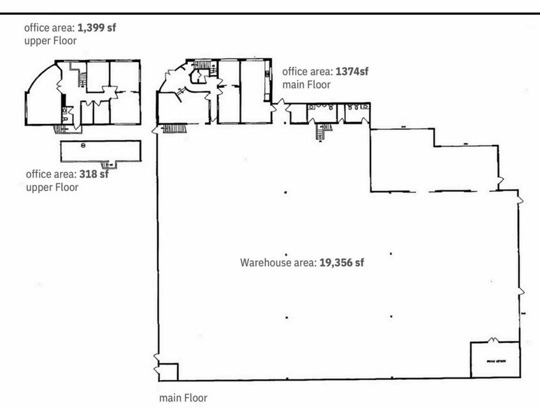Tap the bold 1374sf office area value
coord(352,71)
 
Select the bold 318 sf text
coord(93,174)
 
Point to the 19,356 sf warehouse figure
coord(342,263)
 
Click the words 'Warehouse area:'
coord(278,263)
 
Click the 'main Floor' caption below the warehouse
coord(183,398)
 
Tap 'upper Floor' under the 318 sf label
coord(52,187)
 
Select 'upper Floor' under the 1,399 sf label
coord(50,41)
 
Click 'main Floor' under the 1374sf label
coord(306,84)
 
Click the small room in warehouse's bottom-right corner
coord(495,359)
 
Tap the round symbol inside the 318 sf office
coord(83,145)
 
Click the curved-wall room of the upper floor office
coord(40,98)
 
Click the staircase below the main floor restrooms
coord(321,131)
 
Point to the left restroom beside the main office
coord(320,112)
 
